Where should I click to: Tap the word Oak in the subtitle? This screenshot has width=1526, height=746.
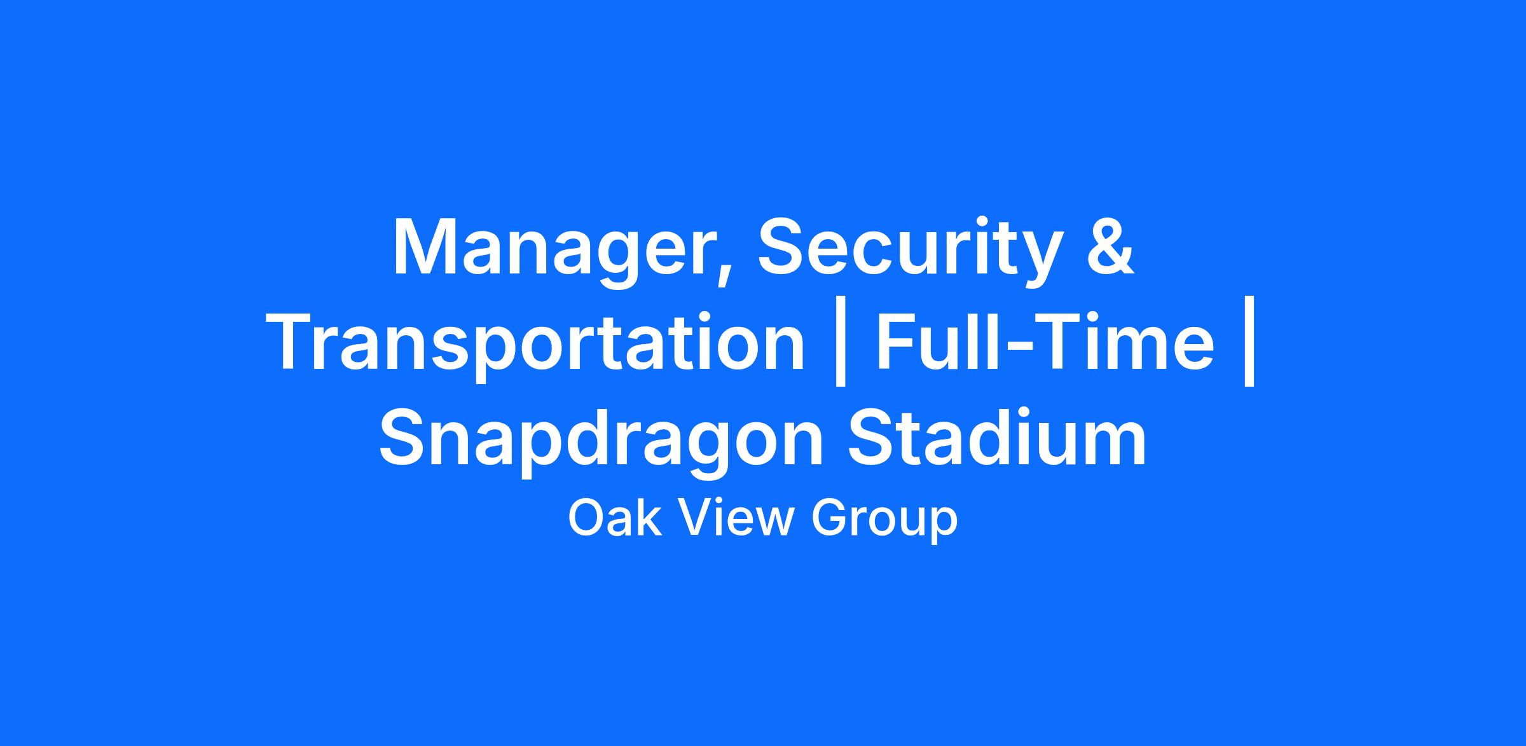pyautogui.click(x=613, y=518)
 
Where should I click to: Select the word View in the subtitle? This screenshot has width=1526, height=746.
pyautogui.click(x=734, y=518)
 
